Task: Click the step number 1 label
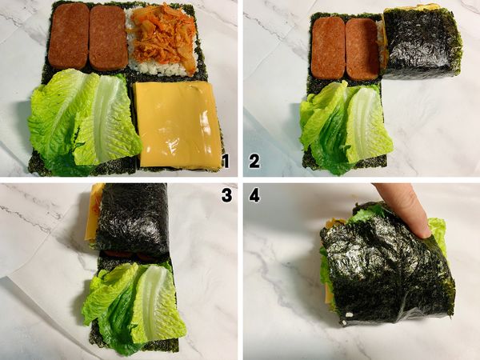coord(226,161)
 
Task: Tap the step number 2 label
coord(254,161)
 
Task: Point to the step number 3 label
coord(226,195)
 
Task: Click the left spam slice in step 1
coord(70,35)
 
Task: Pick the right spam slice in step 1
coord(108,37)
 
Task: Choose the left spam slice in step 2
coord(327,47)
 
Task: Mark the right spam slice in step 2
coord(361,47)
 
